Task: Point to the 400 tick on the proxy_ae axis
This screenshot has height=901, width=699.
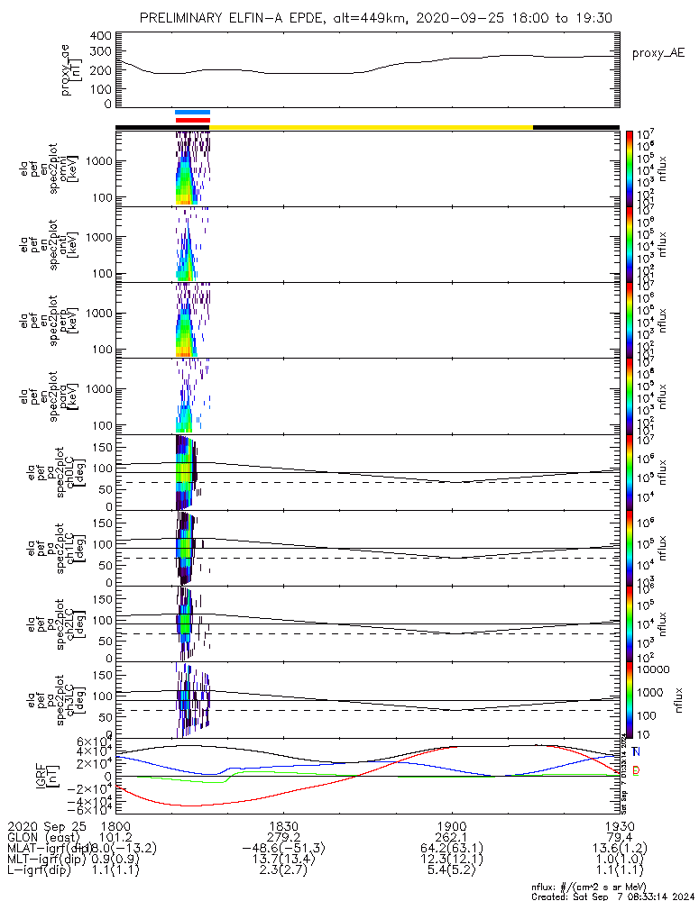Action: [101, 36]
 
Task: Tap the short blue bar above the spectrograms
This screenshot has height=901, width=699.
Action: [192, 113]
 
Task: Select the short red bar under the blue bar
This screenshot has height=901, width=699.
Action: [192, 120]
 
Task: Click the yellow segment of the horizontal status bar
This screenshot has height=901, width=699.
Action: [370, 127]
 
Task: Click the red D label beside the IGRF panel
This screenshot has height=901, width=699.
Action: [636, 770]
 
